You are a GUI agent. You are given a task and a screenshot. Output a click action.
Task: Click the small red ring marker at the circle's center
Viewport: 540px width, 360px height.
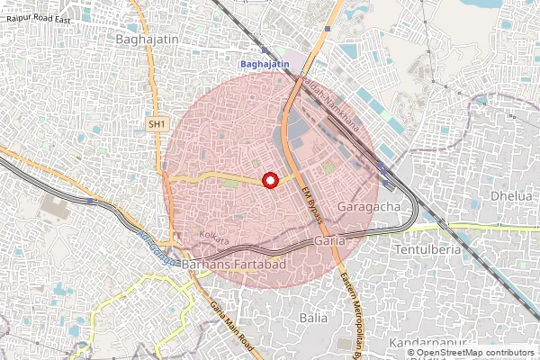point(269,181)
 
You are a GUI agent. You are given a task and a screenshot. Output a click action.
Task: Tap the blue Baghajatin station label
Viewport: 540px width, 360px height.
point(264,64)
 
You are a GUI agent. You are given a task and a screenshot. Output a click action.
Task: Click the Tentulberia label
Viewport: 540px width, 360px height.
point(430,248)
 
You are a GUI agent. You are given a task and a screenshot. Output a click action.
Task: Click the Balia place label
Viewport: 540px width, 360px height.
point(314,318)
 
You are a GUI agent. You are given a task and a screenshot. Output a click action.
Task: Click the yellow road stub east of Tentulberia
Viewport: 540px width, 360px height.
point(504,227)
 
